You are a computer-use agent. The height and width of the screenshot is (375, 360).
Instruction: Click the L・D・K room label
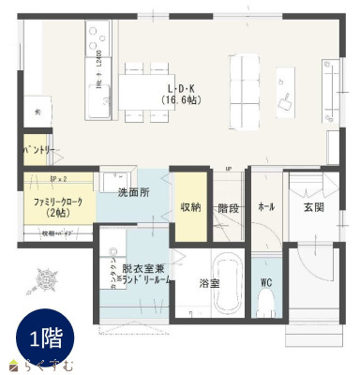[178, 87]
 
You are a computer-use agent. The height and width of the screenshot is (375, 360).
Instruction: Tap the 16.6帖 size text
[178, 98]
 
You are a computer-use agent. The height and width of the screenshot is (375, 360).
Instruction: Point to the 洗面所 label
[133, 192]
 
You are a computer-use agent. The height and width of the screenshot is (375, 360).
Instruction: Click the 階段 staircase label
[227, 207]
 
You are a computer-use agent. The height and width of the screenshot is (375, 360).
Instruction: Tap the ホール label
[265, 206]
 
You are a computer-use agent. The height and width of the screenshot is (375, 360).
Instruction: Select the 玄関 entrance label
[313, 206]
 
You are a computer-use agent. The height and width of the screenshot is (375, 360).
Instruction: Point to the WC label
[265, 282]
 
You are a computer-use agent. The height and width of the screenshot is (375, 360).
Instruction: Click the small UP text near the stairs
[228, 169]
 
